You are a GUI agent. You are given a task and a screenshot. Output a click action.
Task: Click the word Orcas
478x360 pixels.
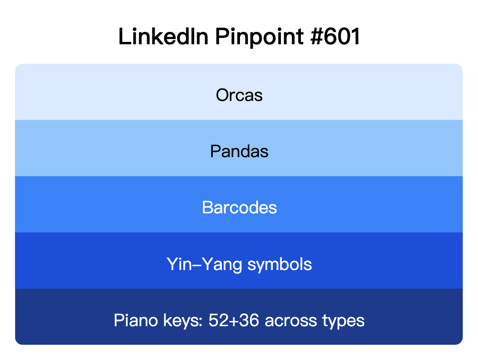pyautogui.click(x=239, y=95)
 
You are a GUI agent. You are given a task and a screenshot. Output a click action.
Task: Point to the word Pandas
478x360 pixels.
pyautogui.click(x=239, y=151)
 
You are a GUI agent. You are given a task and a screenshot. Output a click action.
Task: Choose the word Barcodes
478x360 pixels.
pyautogui.click(x=239, y=208)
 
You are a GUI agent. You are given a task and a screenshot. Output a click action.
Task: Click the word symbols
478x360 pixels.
pyautogui.click(x=279, y=264)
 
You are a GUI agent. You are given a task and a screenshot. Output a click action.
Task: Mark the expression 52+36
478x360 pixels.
pyautogui.click(x=234, y=320)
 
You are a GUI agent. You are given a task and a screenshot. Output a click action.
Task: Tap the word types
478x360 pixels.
pyautogui.click(x=342, y=320)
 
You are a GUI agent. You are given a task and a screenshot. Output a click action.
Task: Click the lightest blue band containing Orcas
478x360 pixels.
pyautogui.click(x=95, y=92)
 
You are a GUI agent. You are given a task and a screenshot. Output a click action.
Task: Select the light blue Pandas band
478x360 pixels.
pyautogui.click(x=95, y=148)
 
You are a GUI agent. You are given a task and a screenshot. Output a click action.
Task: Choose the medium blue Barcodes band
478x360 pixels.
pyautogui.click(x=95, y=204)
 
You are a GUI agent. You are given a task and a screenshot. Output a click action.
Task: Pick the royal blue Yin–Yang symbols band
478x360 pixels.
pyautogui.click(x=95, y=260)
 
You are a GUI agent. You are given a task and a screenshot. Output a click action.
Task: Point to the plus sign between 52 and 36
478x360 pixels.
pyautogui.click(x=234, y=320)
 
